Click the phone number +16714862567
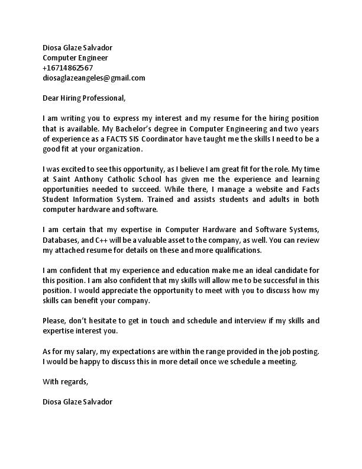pyautogui.click(x=68, y=68)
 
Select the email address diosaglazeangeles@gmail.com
pyautogui.click(x=94, y=78)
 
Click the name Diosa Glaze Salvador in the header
pyautogui.click(x=77, y=47)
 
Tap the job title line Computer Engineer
pyautogui.click(x=76, y=57)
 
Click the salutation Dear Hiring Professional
pyautogui.click(x=85, y=97)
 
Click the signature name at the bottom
pyautogui.click(x=77, y=401)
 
